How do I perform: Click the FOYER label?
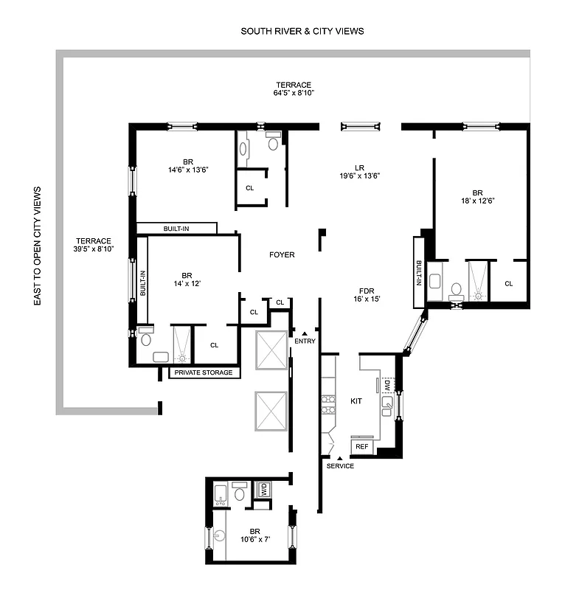coord(282,255)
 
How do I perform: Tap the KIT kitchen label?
coord(357,401)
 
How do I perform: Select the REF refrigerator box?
coord(362,447)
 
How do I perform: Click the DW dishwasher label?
coord(386,384)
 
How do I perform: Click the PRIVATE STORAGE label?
coord(204,372)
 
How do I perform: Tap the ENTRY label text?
coord(305,341)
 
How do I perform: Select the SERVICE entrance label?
coord(340,466)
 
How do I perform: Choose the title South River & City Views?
coord(302,32)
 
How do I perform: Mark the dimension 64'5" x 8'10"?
coord(294,94)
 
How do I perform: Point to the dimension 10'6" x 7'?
coord(254,539)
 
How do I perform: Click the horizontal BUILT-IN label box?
coord(177,229)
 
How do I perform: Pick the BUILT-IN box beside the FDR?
coord(419,272)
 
